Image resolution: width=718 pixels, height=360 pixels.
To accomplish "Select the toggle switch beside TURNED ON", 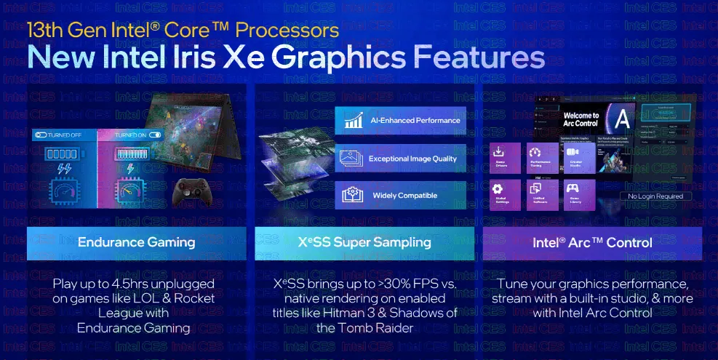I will click(154, 135).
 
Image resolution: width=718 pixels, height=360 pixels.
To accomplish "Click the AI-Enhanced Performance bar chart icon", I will click(354, 120).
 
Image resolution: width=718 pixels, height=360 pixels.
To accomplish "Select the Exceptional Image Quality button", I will click(400, 158).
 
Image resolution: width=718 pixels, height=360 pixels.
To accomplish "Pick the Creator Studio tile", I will click(576, 159).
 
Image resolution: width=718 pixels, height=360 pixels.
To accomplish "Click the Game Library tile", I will click(576, 195).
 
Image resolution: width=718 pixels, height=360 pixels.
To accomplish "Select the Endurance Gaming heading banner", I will click(136, 242).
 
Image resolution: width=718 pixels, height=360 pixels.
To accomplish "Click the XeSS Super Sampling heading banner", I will click(364, 242).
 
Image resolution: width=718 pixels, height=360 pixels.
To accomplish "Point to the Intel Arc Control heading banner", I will click(592, 242).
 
